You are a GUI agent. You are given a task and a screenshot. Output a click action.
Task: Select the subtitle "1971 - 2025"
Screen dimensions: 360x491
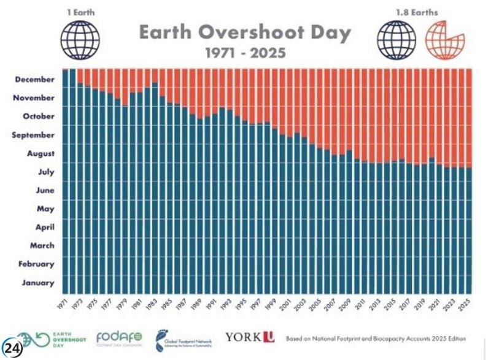pyautogui.click(x=244, y=53)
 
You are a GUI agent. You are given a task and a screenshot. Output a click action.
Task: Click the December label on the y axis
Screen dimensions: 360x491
pyautogui.click(x=35, y=79)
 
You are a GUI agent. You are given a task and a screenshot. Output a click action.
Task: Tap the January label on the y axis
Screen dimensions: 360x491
pyautogui.click(x=39, y=283)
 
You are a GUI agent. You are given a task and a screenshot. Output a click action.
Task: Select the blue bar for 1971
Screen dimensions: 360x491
pyautogui.click(x=66, y=184)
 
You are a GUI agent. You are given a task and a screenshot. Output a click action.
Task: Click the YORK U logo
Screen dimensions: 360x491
pyautogui.click(x=250, y=337)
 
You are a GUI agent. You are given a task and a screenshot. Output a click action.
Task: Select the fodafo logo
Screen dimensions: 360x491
pyautogui.click(x=120, y=337)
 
